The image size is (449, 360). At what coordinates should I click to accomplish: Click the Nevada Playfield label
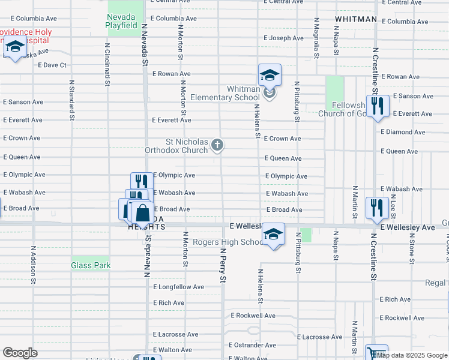125,22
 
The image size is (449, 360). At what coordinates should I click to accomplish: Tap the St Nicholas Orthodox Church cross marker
217,145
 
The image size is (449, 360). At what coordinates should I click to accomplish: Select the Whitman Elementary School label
226,93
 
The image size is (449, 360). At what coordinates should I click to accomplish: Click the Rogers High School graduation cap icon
273,234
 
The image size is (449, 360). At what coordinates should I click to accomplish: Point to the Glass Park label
90,265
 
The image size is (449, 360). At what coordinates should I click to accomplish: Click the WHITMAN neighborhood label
356,19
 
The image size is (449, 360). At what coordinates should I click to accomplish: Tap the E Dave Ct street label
52,65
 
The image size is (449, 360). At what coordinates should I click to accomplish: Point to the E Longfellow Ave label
178,287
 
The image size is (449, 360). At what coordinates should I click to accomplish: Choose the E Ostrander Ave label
253,345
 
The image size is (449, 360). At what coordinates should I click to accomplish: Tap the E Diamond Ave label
403,132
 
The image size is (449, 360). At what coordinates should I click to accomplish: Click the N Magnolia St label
316,38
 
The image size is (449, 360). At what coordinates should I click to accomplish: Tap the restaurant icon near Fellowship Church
378,106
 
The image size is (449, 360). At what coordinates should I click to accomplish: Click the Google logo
20,353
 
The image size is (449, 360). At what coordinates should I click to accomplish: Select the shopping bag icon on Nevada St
143,212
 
